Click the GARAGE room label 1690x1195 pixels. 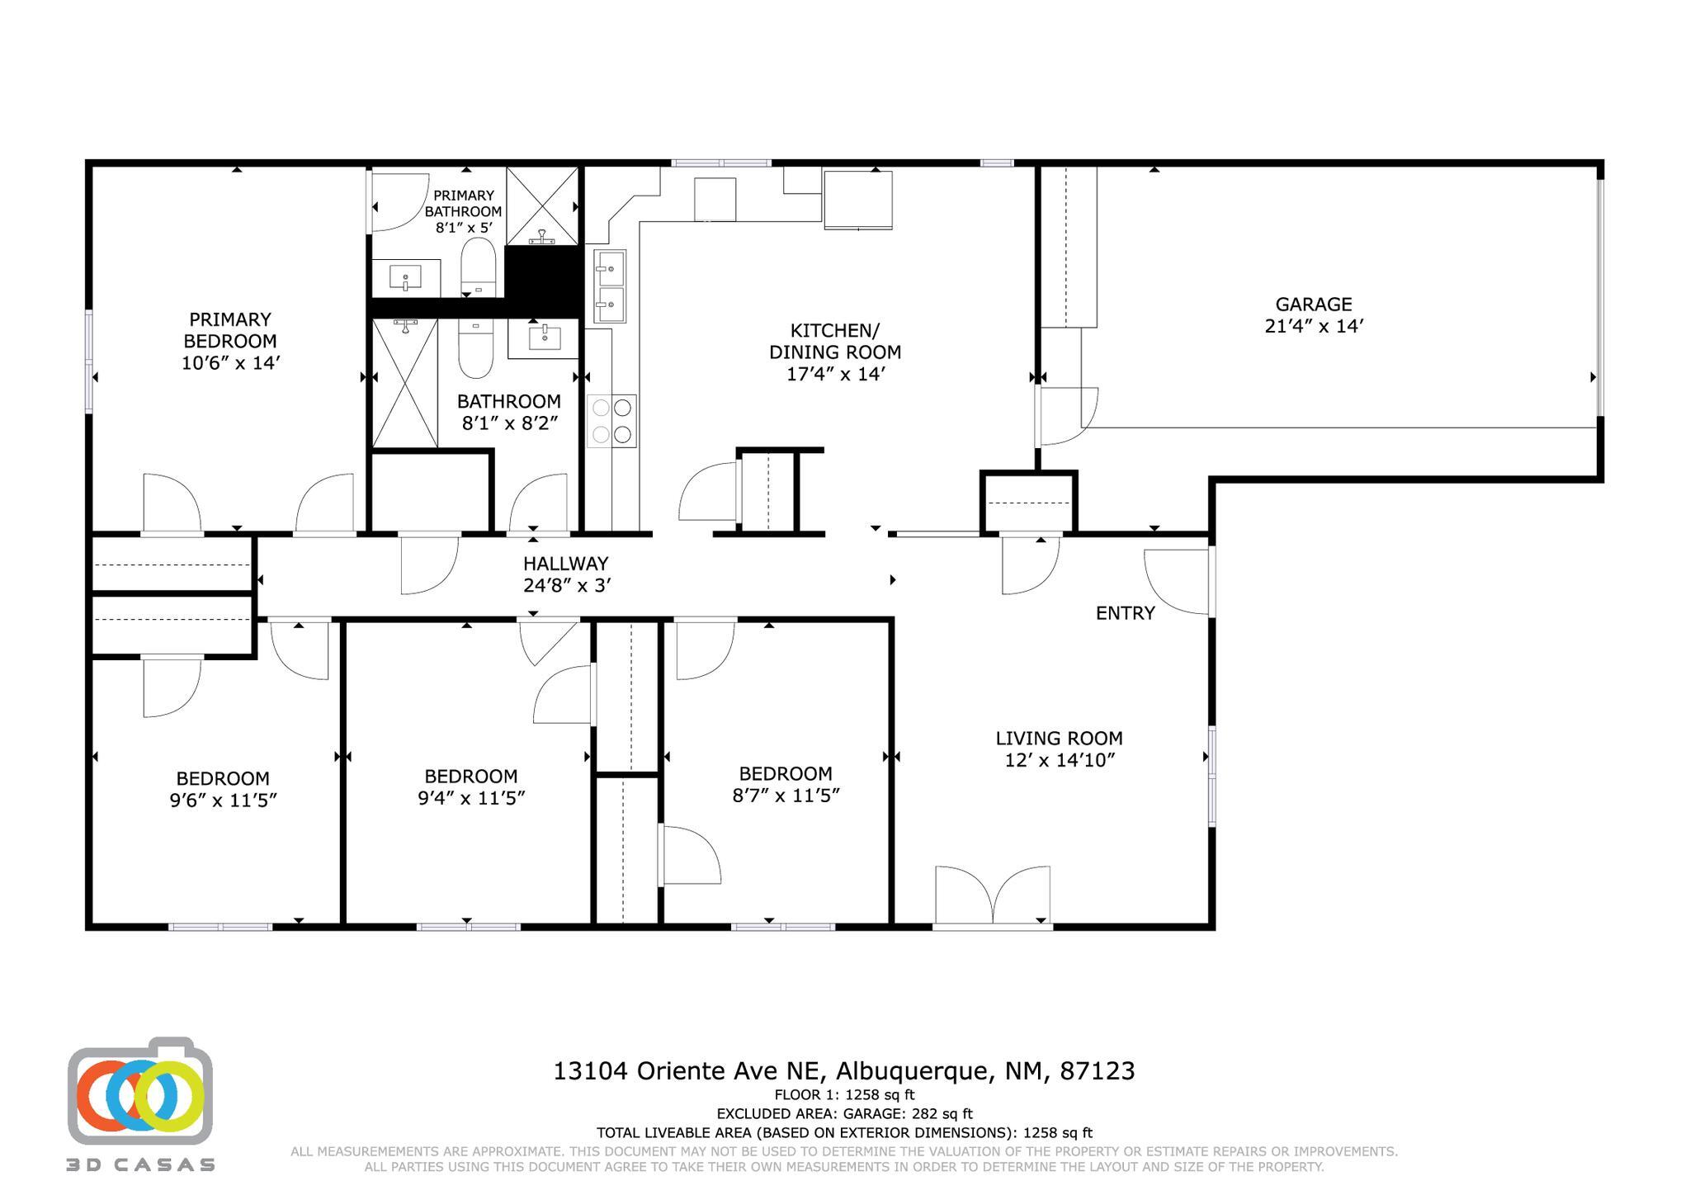(x=1314, y=305)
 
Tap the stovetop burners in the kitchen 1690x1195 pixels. (x=611, y=421)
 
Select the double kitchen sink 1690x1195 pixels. (x=610, y=286)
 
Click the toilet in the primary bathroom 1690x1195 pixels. (x=478, y=267)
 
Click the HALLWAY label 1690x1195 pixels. (x=565, y=564)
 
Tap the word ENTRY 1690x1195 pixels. (x=1125, y=613)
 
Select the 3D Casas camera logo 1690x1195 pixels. (x=140, y=1091)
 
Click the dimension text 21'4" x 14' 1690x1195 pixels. (x=1314, y=327)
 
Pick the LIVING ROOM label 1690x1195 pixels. (x=1059, y=739)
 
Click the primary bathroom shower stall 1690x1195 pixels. (x=542, y=206)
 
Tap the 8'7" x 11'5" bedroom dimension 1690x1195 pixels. (x=786, y=796)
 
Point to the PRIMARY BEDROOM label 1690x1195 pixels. (x=230, y=330)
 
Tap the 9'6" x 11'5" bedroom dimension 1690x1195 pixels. (x=223, y=801)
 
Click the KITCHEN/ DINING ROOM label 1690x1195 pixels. (x=835, y=342)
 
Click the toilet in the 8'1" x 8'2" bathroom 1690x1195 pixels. (x=476, y=350)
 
